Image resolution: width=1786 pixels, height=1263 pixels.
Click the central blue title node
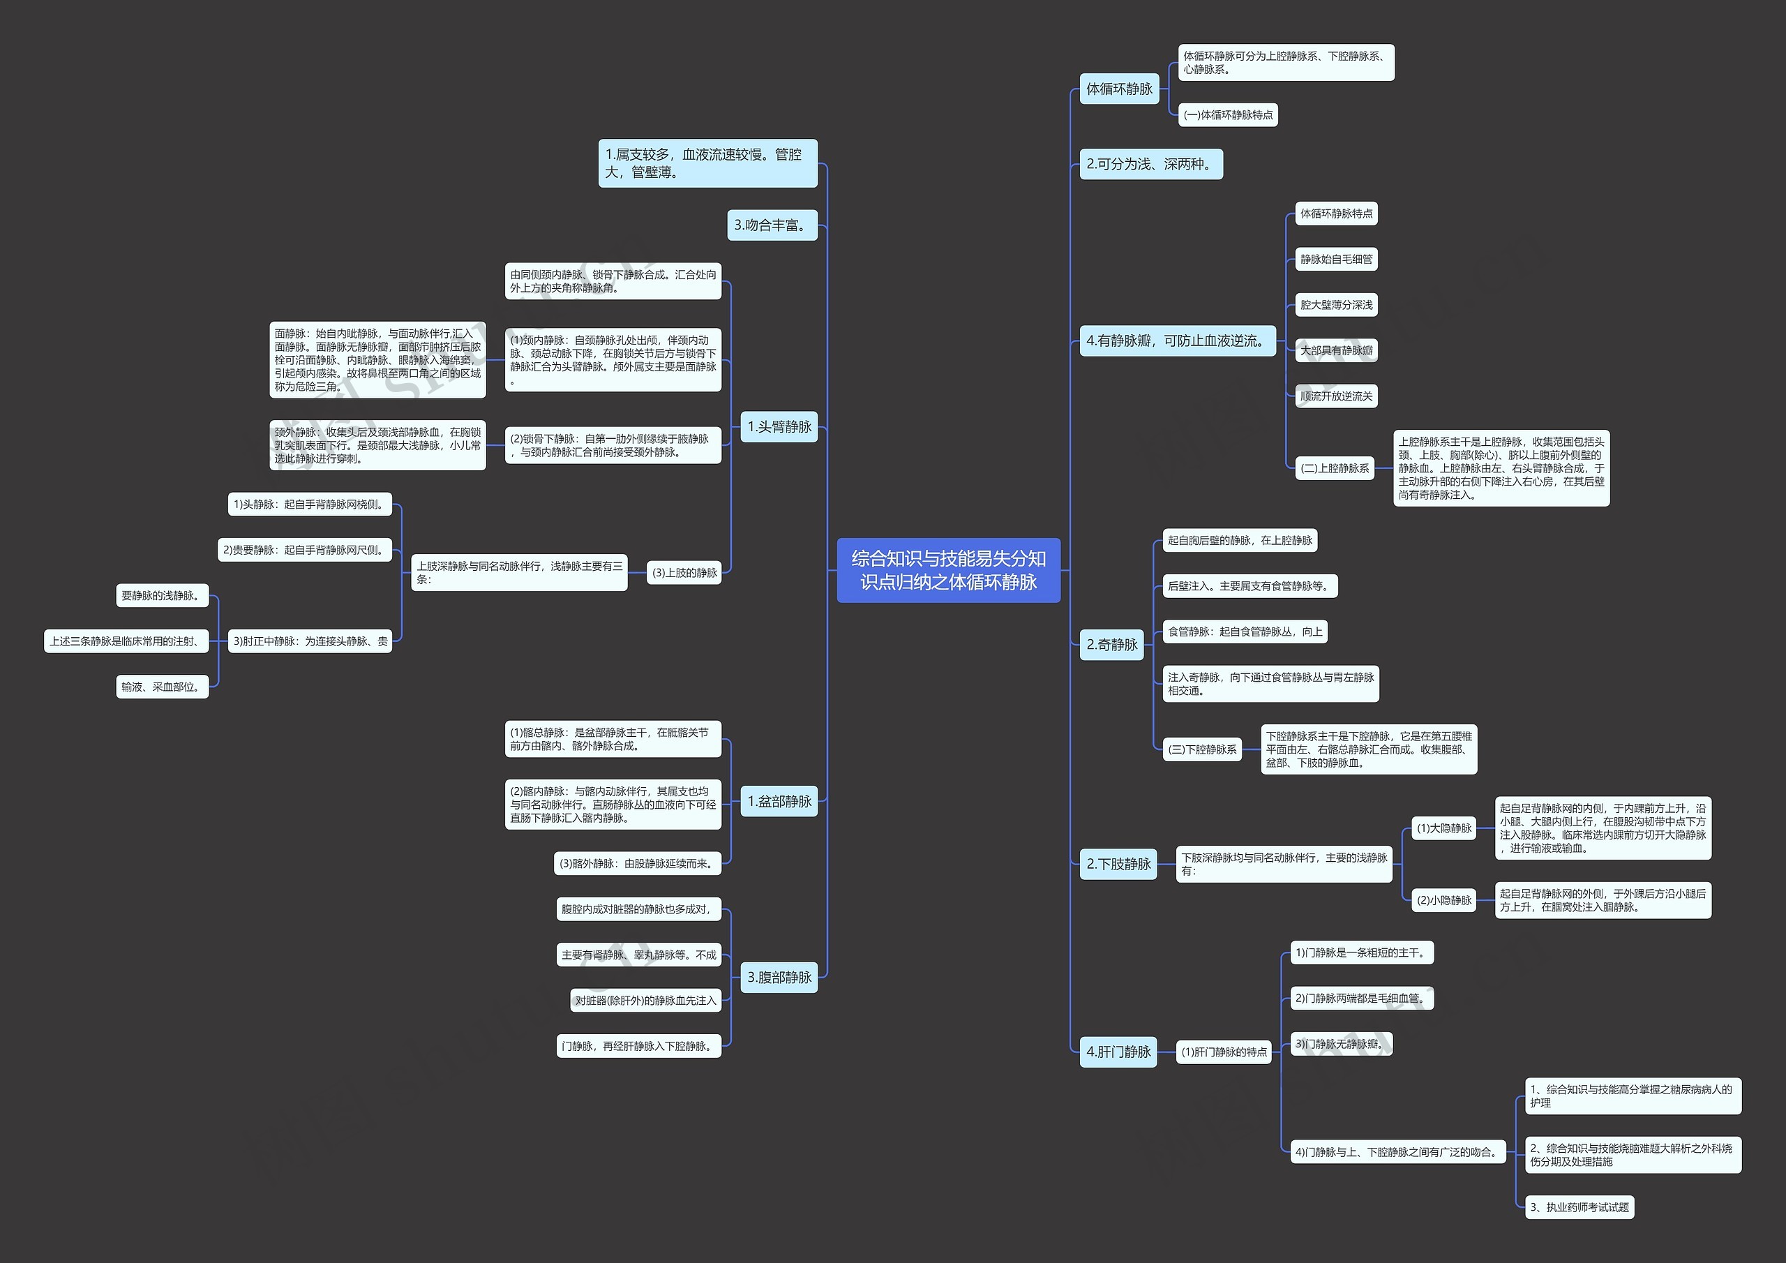(948, 569)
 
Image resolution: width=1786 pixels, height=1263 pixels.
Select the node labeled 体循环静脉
(1119, 89)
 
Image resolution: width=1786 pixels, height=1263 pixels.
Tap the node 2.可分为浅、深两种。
(1151, 164)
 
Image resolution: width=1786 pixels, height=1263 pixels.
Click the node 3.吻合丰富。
(772, 225)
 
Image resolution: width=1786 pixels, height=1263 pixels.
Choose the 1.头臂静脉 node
(779, 426)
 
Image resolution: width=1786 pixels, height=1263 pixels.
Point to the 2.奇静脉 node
(1111, 644)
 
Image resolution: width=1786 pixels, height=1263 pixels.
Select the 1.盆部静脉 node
(779, 801)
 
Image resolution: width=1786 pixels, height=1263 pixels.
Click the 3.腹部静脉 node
(779, 978)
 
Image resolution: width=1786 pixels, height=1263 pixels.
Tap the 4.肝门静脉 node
(1118, 1052)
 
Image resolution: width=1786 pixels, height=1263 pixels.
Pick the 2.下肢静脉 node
(1118, 864)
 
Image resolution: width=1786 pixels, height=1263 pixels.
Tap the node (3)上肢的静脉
(684, 573)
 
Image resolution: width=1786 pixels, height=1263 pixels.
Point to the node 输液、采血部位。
(163, 687)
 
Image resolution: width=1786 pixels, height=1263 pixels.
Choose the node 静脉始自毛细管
(1337, 259)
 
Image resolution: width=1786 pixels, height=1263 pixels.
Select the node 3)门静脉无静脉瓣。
(1342, 1045)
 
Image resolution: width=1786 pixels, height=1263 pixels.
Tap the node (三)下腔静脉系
(1203, 749)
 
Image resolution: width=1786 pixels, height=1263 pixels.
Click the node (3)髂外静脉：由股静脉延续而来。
(638, 863)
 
